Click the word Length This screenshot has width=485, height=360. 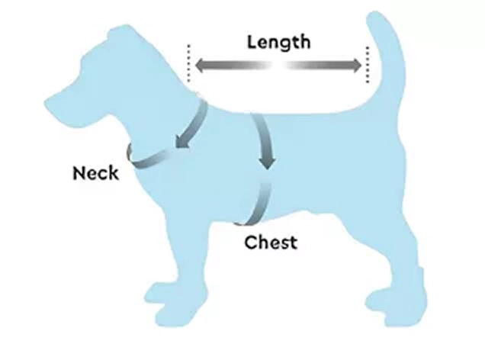[278, 43]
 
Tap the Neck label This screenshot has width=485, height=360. [95, 173]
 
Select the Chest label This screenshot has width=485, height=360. [271, 243]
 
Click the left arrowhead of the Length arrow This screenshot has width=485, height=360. [201, 66]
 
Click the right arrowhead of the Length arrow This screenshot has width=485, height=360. [355, 66]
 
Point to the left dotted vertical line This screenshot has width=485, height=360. [188, 63]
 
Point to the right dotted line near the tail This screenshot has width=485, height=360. [368, 65]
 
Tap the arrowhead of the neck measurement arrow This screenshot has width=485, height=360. [181, 141]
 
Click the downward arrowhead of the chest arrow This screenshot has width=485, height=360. [267, 162]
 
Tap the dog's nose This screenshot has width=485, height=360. [47, 102]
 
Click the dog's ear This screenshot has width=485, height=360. [119, 34]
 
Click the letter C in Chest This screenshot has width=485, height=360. [250, 243]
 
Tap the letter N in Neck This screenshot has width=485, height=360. [79, 173]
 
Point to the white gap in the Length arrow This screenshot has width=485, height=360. [278, 66]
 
